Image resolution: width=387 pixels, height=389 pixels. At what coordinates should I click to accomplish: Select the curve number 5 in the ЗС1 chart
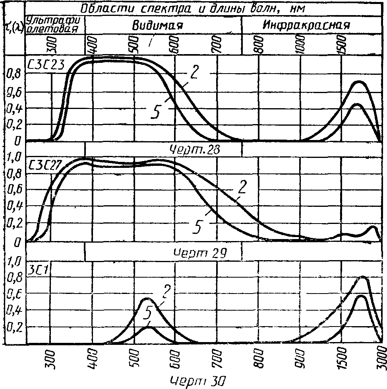coord(149,313)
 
